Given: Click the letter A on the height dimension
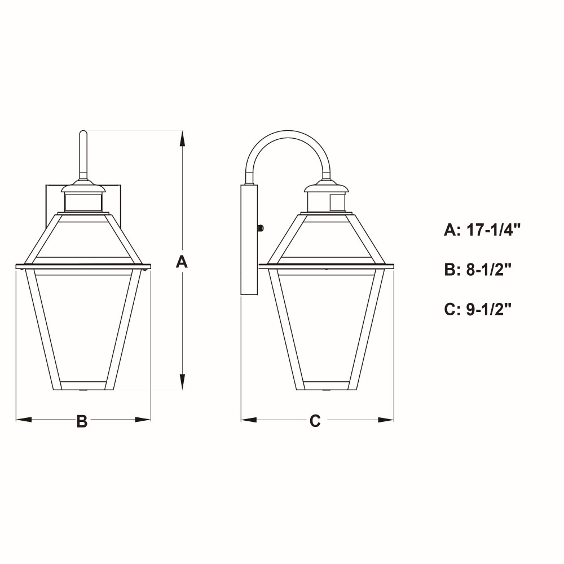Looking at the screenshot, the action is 182,262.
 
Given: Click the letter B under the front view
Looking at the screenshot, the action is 82,421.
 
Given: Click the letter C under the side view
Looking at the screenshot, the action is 315,421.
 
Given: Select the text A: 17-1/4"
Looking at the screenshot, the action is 482,230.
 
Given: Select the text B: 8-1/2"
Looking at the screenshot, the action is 478,269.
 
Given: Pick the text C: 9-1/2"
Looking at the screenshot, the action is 478,309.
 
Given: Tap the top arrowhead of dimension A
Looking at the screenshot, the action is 182,139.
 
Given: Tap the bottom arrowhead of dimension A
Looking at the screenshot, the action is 182,382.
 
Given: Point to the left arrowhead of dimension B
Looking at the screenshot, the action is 24,420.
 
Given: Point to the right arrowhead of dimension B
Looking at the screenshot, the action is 143,420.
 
